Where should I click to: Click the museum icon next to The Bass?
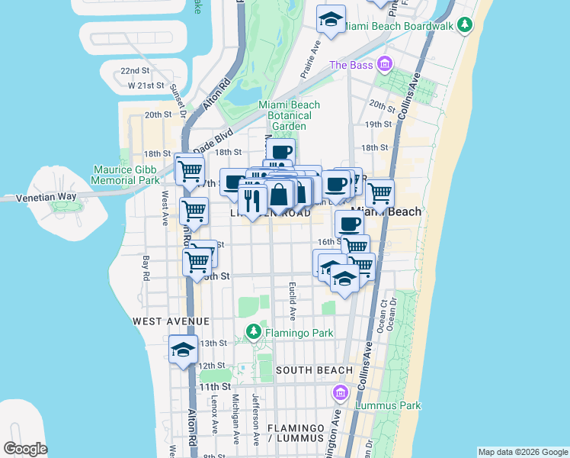coord(386,64)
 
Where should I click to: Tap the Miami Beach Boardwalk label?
coord(408,26)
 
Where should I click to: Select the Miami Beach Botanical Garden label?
coord(289,115)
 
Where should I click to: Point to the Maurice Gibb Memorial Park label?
coord(126,175)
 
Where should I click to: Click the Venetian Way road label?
coord(48,197)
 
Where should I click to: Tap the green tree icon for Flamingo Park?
coord(254,332)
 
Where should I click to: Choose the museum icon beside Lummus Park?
coord(340,392)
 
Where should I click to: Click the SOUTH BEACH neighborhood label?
coord(314,370)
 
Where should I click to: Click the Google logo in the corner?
coord(24,449)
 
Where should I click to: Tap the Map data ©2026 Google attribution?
coord(523,452)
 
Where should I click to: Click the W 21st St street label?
coord(146,85)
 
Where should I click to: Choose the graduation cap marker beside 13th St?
coord(184,350)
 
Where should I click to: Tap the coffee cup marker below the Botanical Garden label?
coord(280,152)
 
